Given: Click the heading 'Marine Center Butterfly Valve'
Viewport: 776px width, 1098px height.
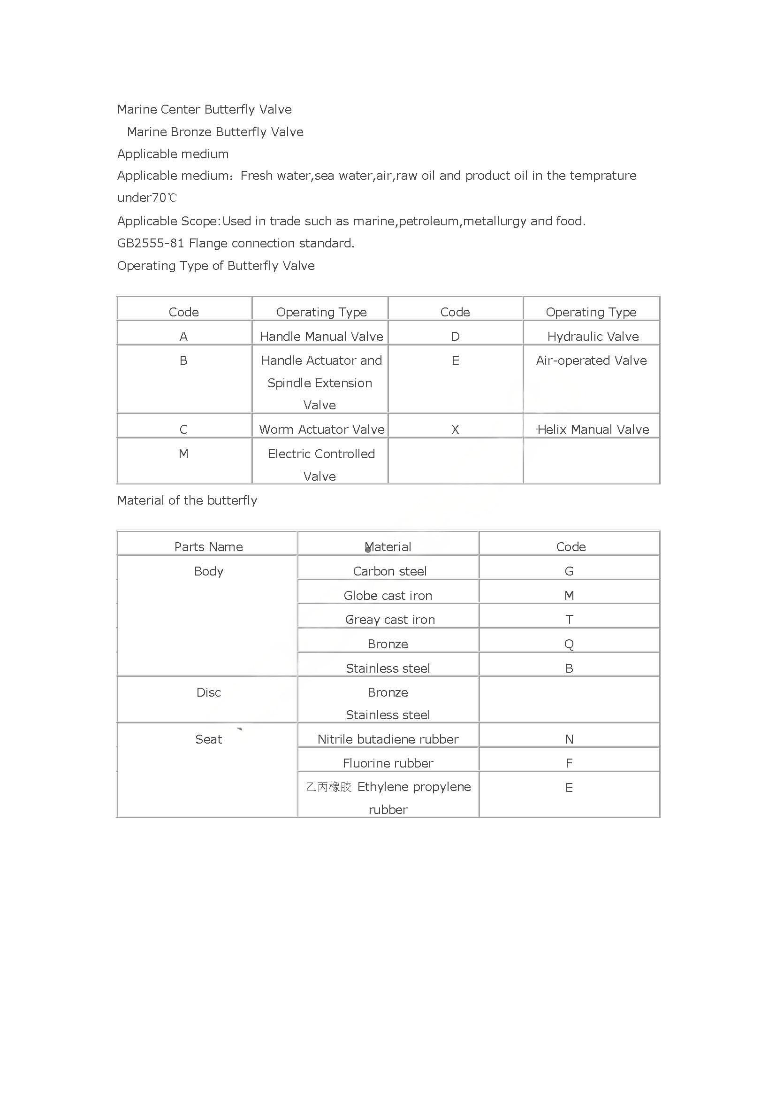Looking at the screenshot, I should click(204, 109).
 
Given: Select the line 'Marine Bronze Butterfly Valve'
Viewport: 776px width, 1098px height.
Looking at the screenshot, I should click(215, 132).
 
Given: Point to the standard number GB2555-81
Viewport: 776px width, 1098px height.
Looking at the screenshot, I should click(151, 244).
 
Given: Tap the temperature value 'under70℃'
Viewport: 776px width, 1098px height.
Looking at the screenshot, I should click(147, 198).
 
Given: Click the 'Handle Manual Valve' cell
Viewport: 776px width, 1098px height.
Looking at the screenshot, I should click(321, 337).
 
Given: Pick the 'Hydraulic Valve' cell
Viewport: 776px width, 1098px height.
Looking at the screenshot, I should click(593, 337).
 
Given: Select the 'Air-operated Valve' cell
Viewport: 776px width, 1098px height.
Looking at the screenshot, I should click(591, 361).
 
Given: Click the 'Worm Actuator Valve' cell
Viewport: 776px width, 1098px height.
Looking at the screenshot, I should click(321, 430).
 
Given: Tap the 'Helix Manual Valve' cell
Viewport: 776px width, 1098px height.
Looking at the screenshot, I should click(593, 430).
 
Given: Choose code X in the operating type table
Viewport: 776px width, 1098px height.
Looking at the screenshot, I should click(455, 430).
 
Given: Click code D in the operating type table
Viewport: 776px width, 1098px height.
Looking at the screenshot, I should click(455, 337).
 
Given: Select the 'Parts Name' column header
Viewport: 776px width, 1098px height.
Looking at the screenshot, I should click(208, 546).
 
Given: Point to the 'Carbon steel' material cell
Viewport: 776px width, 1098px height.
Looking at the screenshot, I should click(389, 571).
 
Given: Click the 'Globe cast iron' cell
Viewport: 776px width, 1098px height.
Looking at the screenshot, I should click(388, 595).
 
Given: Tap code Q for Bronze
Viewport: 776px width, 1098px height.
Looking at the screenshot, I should click(569, 644).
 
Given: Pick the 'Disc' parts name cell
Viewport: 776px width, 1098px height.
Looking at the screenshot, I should click(208, 692).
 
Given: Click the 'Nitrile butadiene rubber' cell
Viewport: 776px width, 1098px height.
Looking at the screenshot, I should click(388, 739).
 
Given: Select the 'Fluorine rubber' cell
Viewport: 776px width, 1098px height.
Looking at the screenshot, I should click(388, 763).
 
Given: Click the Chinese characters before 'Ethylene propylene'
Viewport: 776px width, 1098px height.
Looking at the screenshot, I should click(328, 787).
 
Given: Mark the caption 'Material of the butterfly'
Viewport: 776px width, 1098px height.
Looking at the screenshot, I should click(187, 501).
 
